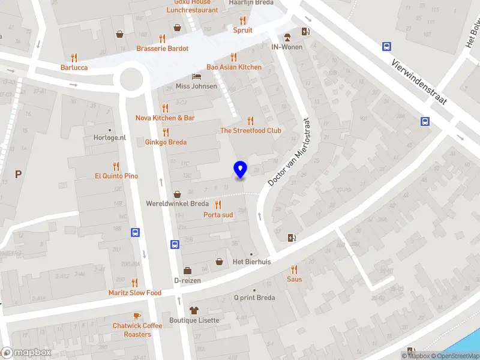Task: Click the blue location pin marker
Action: pos(241,170)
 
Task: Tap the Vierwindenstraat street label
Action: pos(419,83)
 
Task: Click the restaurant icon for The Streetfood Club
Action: pos(251,121)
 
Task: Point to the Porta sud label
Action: pos(218,214)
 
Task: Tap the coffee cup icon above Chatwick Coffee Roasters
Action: pos(137,316)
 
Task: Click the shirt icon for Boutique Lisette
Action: pos(193,310)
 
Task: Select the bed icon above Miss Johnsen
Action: pos(196,76)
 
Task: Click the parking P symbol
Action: pos(18,174)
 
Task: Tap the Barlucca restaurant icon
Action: pos(74,58)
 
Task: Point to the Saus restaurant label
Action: pos(294,279)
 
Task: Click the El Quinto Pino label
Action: pos(116,176)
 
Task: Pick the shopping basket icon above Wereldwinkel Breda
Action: pos(178,194)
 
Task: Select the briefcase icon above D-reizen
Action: pos(187,271)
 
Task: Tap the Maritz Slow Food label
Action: pos(135,293)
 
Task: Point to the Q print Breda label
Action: pos(254,298)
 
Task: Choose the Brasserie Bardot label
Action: pos(162,49)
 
